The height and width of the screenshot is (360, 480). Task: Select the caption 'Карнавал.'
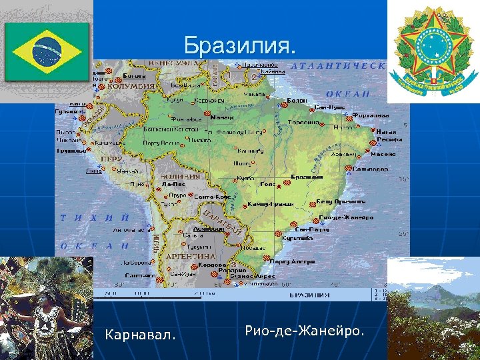click(141, 334)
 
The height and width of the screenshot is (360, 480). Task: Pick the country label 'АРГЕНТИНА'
click(191, 256)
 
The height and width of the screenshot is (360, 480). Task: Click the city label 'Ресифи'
click(389, 140)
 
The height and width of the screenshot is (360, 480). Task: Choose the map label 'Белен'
click(296, 101)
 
